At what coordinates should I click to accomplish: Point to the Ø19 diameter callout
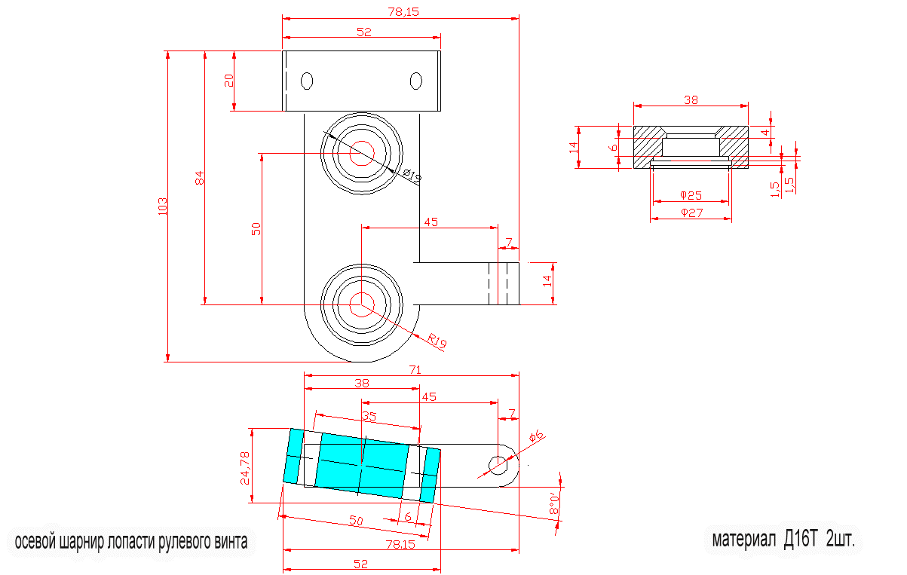pos(412,176)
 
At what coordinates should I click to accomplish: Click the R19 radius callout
pos(437,341)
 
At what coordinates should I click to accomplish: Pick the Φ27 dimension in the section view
pos(691,213)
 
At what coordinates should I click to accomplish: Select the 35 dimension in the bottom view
pos(369,416)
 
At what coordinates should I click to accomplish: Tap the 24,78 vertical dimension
pos(245,467)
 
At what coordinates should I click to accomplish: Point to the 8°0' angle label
pos(555,503)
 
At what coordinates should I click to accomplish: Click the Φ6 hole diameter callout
pos(536,437)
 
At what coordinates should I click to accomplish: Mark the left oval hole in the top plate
pos(307,81)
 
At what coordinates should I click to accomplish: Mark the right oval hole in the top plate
pos(415,81)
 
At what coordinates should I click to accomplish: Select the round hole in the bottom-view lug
pos(498,465)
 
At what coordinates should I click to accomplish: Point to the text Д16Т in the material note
pos(801,540)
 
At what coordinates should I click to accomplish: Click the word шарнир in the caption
pos(79,542)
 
